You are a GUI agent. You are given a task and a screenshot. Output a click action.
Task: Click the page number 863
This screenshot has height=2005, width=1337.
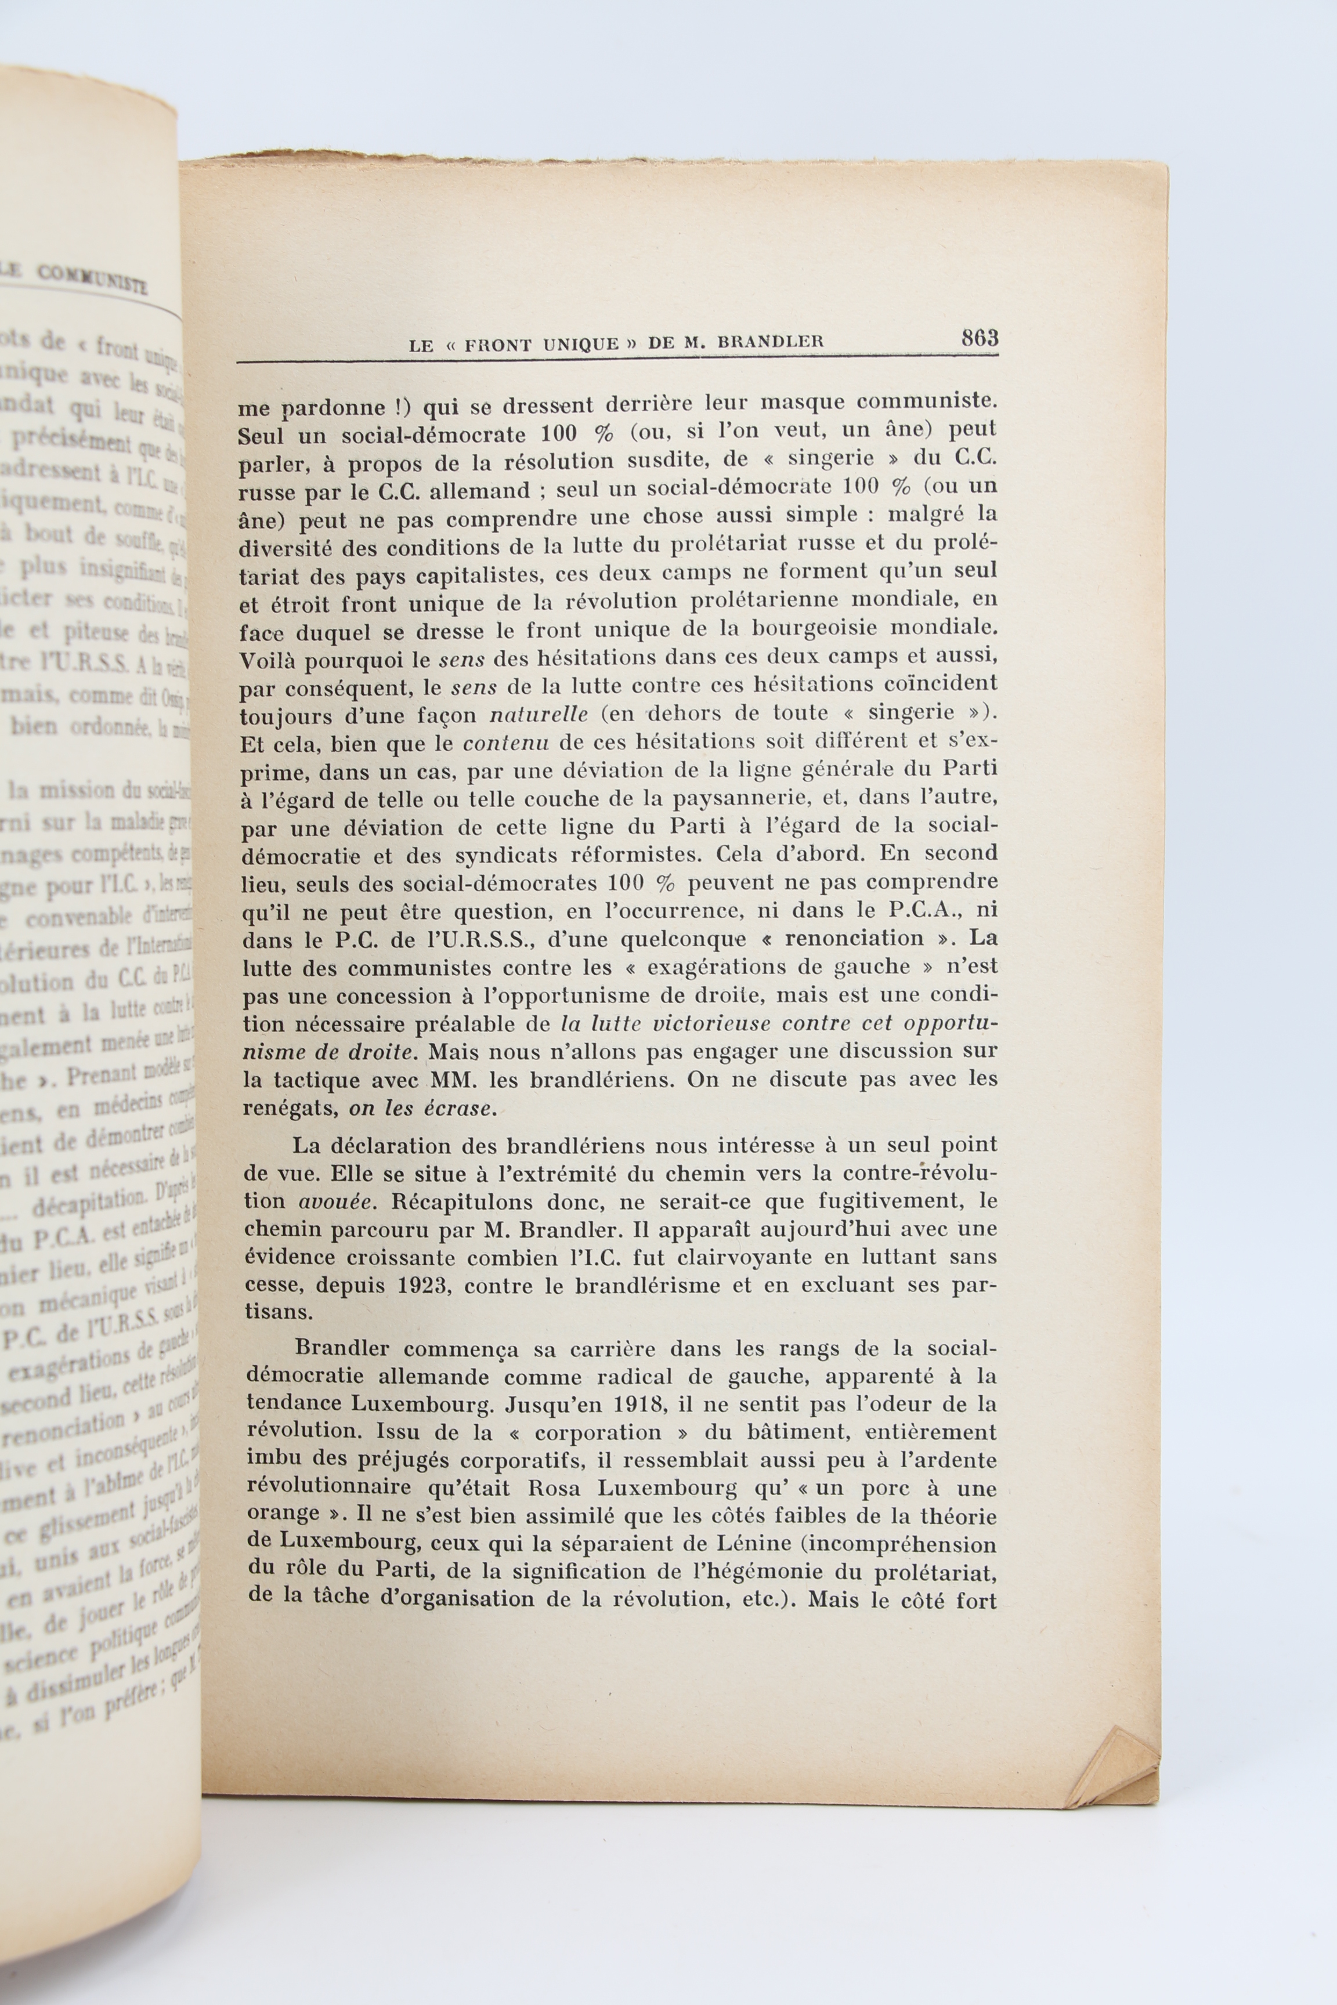click(x=979, y=338)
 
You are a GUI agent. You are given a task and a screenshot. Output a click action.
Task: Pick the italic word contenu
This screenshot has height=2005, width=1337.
click(x=505, y=743)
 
